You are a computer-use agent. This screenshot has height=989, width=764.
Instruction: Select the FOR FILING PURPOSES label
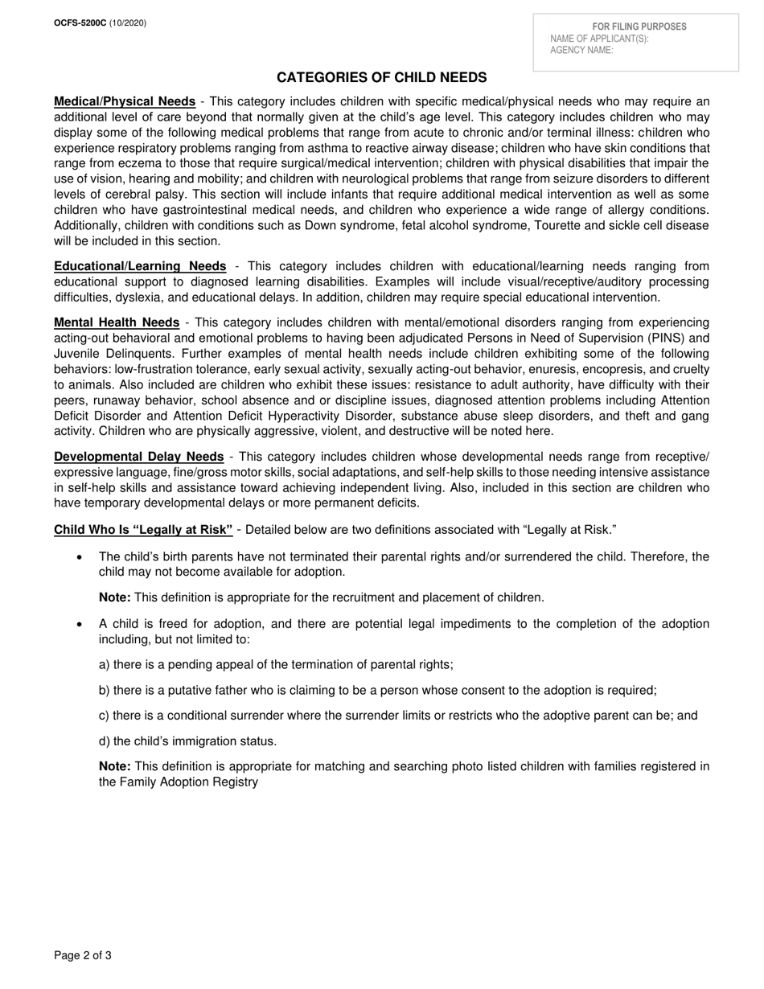639,27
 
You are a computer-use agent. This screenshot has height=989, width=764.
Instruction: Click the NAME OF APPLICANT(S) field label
599,39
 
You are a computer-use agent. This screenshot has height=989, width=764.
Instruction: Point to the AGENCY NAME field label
581,50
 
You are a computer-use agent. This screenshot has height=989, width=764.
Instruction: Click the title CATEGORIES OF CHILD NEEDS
381,77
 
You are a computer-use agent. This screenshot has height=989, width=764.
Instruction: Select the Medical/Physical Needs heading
124,101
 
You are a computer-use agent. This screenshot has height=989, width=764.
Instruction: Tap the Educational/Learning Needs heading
140,266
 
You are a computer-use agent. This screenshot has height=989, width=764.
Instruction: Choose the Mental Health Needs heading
116,322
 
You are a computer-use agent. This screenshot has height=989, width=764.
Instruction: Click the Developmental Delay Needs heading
138,457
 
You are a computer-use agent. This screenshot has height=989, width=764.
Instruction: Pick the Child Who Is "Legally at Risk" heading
143,529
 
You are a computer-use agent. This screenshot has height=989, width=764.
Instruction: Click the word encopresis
597,369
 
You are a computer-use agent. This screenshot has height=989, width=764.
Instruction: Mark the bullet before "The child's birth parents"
79,557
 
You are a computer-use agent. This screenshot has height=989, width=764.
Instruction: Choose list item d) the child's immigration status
187,741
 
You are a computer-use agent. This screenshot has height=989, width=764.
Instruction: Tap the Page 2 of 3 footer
82,956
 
